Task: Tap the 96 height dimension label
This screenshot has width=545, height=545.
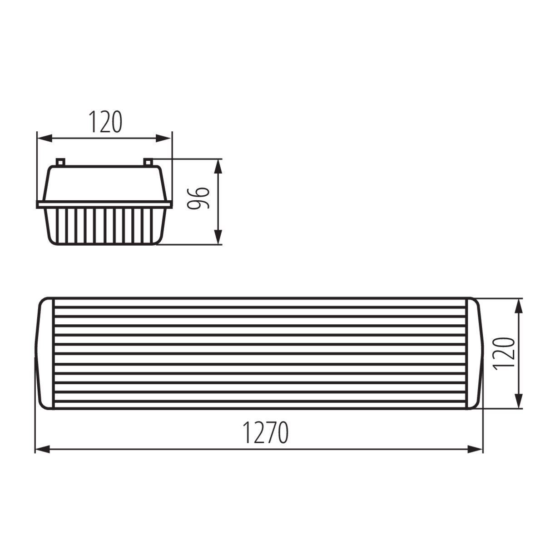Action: click(x=199, y=198)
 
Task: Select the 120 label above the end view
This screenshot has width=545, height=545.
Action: click(x=105, y=122)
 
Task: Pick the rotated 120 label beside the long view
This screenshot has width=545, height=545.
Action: click(x=503, y=353)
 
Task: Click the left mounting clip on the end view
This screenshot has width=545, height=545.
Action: click(x=60, y=162)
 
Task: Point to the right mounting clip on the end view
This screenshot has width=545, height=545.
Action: click(x=149, y=162)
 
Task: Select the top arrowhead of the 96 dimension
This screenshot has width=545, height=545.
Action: click(x=218, y=166)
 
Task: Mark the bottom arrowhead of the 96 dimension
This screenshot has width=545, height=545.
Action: click(x=218, y=237)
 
